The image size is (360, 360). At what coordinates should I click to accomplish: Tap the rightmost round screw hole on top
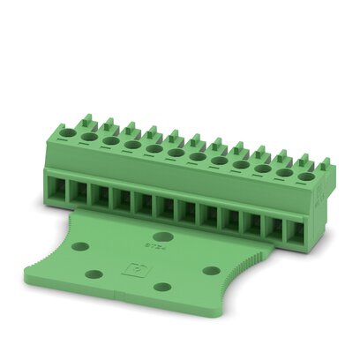(305, 176)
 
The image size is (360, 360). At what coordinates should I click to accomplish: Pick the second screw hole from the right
(284, 171)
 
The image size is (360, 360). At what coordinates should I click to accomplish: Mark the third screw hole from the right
(263, 167)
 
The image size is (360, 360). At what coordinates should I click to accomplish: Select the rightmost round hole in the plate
(211, 269)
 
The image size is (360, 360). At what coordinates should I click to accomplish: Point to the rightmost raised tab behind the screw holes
(324, 165)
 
